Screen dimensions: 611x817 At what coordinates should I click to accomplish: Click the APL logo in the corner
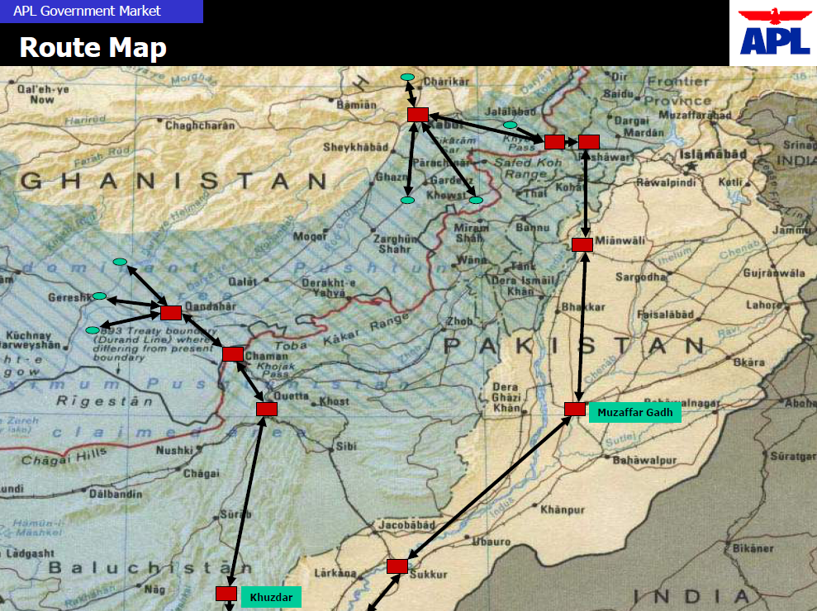pyautogui.click(x=774, y=32)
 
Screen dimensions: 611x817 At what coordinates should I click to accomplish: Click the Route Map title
pyautogui.click(x=93, y=47)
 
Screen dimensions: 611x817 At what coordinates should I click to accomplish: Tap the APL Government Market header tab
pyautogui.click(x=101, y=11)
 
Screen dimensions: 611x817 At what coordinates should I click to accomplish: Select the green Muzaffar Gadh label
pyautogui.click(x=634, y=412)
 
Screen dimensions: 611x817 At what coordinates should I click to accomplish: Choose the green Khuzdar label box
pyautogui.click(x=271, y=597)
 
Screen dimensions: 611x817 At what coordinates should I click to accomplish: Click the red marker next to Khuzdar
pyautogui.click(x=226, y=594)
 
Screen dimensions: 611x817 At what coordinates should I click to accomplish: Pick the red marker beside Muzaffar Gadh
pyautogui.click(x=575, y=410)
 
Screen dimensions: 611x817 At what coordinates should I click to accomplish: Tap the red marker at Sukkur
pyautogui.click(x=397, y=566)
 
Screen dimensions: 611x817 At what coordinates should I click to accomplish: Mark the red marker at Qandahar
pyautogui.click(x=171, y=313)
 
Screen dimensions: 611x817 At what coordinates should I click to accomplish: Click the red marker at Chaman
pyautogui.click(x=233, y=354)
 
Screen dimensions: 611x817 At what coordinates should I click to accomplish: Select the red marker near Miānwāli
pyautogui.click(x=582, y=244)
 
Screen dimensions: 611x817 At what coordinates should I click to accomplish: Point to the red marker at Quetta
pyautogui.click(x=267, y=409)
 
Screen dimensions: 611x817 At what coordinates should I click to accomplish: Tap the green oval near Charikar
pyautogui.click(x=407, y=77)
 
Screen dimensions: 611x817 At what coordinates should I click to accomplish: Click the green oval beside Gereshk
pyautogui.click(x=99, y=296)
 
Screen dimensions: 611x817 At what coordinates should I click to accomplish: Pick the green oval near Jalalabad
pyautogui.click(x=511, y=125)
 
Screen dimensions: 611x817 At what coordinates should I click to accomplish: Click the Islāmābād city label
pyautogui.click(x=713, y=154)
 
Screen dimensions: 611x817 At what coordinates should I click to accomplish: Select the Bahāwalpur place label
pyautogui.click(x=645, y=460)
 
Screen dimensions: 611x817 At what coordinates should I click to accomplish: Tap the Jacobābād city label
pyautogui.click(x=406, y=524)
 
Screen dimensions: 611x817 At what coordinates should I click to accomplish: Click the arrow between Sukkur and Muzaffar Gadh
pyautogui.click(x=487, y=488)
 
